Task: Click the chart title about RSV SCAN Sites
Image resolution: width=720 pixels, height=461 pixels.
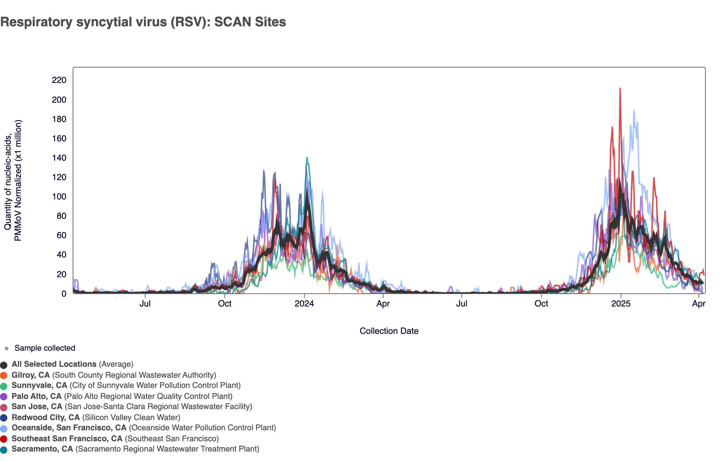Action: coord(143,22)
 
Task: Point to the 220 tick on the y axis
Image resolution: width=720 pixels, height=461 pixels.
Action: coord(59,80)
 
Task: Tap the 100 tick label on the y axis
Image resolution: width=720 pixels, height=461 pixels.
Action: coord(59,197)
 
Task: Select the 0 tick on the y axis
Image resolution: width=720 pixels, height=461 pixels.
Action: coord(64,294)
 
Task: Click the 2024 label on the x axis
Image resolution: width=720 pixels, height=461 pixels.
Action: coord(304,304)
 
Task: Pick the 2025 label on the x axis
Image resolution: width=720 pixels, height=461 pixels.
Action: coord(621,304)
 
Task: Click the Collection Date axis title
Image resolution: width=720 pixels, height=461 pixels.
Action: coord(389,331)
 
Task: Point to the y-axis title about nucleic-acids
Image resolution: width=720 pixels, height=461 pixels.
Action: coord(13,180)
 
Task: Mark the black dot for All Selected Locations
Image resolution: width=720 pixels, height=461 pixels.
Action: coord(4,365)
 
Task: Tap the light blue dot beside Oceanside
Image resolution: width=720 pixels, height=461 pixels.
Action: coord(4,428)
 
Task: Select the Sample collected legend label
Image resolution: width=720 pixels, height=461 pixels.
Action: coord(45,348)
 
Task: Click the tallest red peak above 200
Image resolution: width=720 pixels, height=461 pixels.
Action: coord(620,89)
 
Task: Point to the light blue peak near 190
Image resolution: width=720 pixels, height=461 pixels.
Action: coord(634,110)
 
